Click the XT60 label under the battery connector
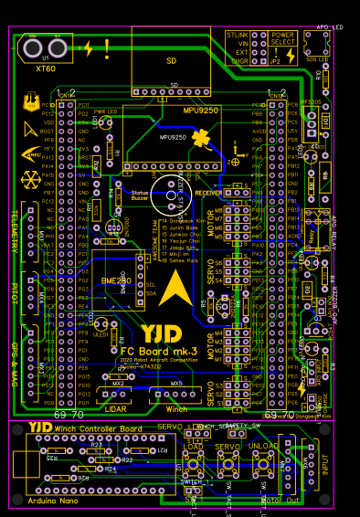[x=46, y=69]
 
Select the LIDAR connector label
[x=115, y=408]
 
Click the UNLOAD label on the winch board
[x=263, y=446]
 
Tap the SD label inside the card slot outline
[x=171, y=60]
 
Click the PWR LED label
[x=106, y=111]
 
